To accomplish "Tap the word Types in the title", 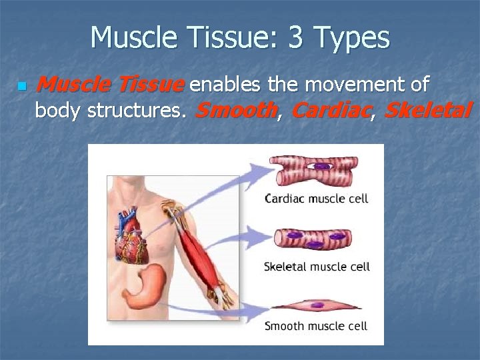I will coord(354,39).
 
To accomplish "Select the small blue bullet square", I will coord(21,86).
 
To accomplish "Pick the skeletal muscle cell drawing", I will coord(315,239).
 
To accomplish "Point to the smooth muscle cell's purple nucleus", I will coord(319,305).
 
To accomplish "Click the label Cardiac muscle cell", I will coord(316,198).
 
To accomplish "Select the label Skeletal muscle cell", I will coord(316,267).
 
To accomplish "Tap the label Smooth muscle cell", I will coord(315,326).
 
